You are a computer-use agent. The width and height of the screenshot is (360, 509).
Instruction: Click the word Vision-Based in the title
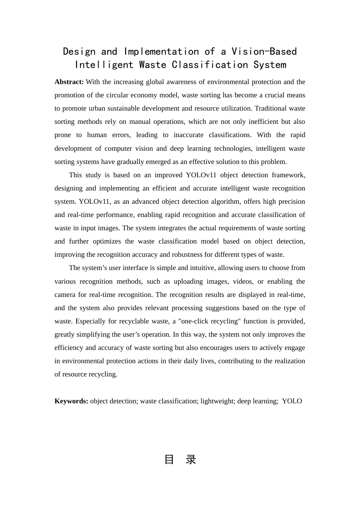(264, 52)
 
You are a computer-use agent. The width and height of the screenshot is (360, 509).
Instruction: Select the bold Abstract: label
(69, 82)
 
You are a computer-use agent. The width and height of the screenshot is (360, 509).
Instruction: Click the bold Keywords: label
(71, 401)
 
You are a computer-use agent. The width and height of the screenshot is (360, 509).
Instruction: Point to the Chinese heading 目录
(180, 460)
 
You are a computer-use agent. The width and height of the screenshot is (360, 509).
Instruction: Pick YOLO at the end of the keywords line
(292, 401)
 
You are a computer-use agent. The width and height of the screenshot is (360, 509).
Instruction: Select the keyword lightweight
(217, 401)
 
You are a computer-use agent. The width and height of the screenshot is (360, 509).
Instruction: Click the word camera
(65, 295)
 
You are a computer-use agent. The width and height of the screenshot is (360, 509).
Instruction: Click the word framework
(290, 175)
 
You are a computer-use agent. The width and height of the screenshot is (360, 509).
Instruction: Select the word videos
(243, 281)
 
